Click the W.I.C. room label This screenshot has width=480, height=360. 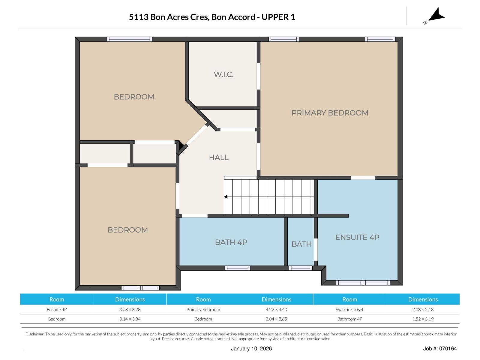223,74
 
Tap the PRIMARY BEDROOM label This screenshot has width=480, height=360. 330,113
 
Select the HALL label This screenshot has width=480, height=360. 219,157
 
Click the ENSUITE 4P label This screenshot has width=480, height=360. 357,237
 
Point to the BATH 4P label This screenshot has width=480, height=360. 231,242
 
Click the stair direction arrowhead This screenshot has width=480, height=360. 226,197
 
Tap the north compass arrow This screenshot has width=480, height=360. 436,15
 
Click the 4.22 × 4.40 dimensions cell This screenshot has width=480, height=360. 276,310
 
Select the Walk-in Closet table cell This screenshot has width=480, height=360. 349,310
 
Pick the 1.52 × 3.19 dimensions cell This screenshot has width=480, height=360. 423,319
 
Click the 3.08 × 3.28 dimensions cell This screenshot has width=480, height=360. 130,310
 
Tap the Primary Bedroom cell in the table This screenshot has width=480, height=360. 203,310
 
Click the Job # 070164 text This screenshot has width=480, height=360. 440,349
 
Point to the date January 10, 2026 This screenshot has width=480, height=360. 251,349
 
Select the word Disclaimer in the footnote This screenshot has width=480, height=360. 34,334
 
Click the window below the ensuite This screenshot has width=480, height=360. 363,283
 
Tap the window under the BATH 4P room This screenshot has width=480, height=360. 238,268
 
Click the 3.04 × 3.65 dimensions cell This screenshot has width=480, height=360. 276,319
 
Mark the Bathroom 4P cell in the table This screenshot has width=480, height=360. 349,319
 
